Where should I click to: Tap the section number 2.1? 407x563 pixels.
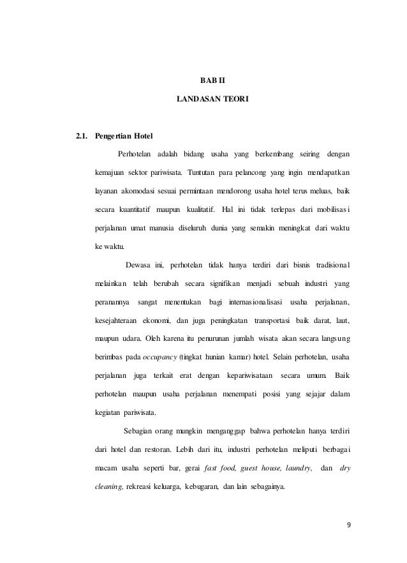(x=82, y=137)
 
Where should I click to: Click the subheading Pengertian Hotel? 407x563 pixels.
(x=124, y=137)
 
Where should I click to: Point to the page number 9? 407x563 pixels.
(x=349, y=525)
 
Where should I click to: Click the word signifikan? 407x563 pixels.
(x=220, y=283)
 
